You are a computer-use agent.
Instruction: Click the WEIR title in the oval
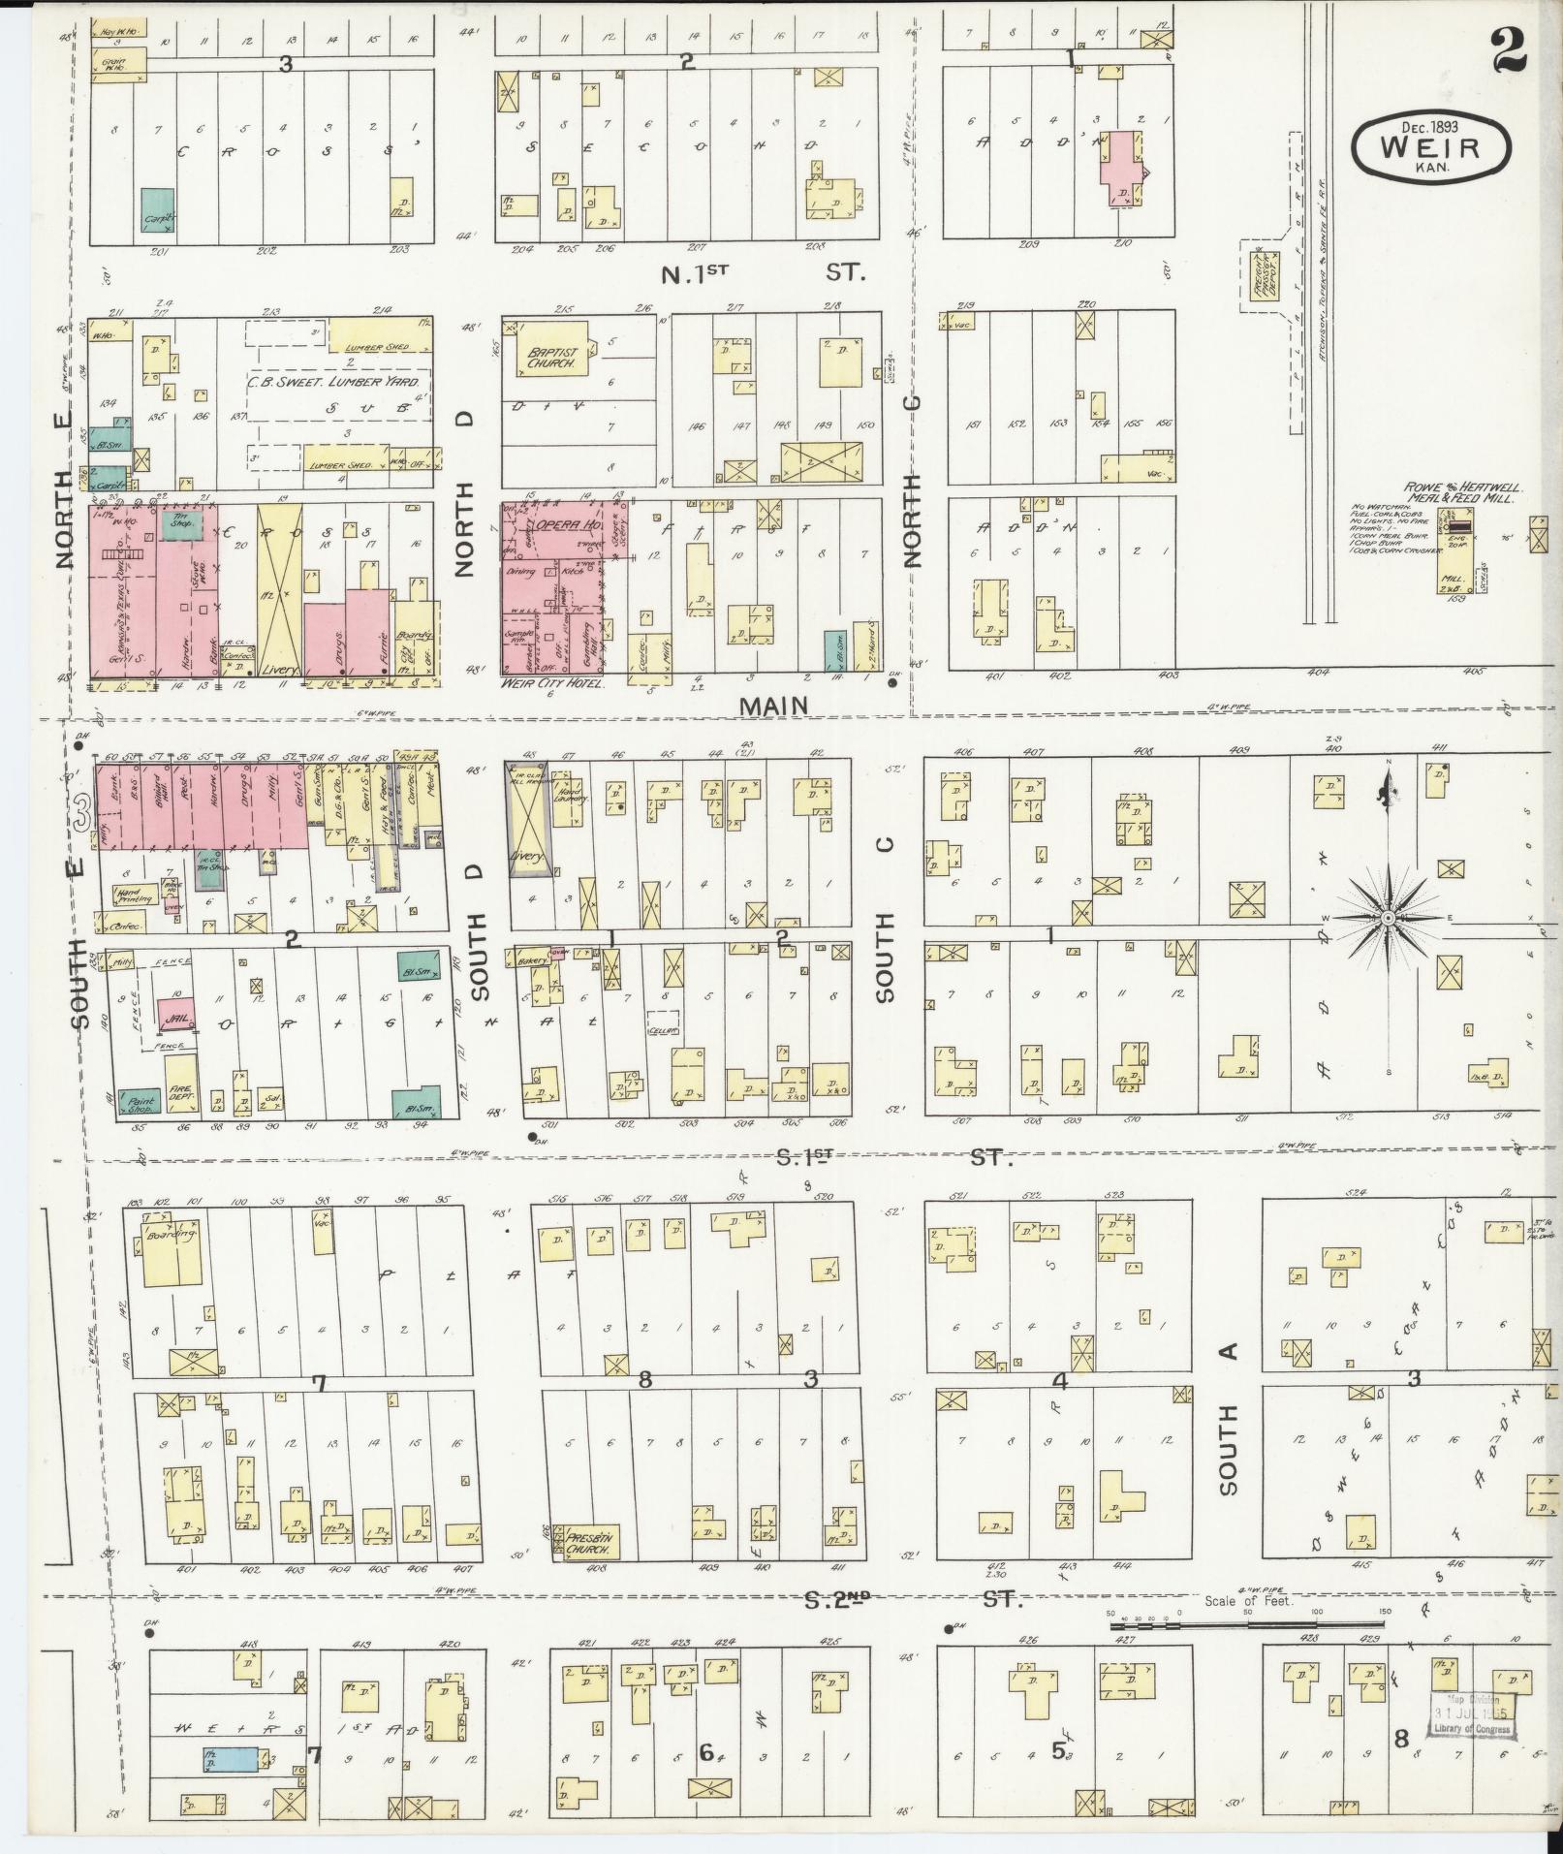pyautogui.click(x=1430, y=147)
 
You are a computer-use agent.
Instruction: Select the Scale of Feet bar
pyautogui.click(x=1250, y=1614)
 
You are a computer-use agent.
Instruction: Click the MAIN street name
pyautogui.click(x=773, y=706)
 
